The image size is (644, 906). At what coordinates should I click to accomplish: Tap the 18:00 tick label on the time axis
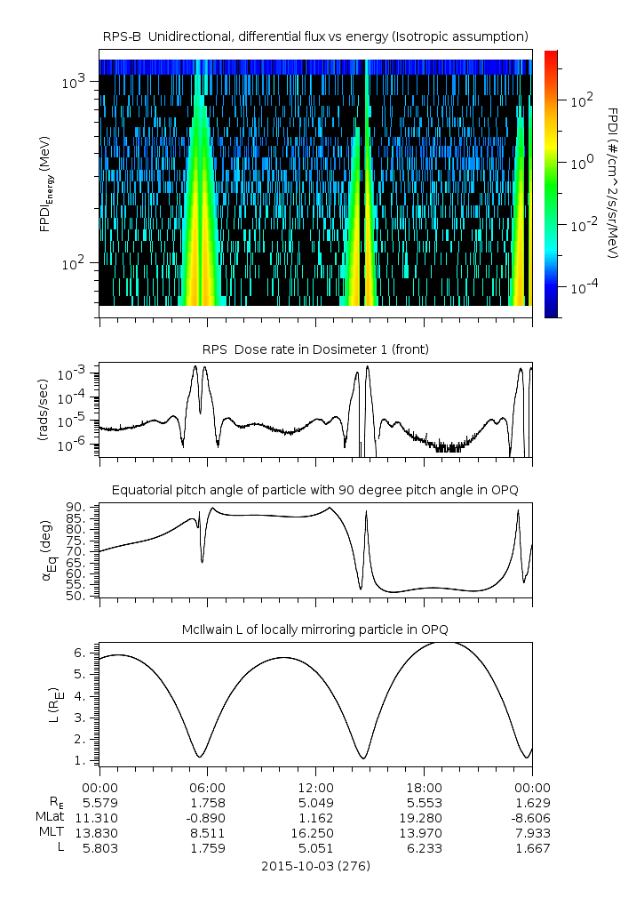click(x=424, y=787)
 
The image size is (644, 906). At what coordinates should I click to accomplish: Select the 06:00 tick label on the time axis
click(x=207, y=787)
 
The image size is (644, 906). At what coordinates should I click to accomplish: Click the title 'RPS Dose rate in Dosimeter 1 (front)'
click(x=315, y=349)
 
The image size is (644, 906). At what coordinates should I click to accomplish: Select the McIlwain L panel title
click(x=315, y=630)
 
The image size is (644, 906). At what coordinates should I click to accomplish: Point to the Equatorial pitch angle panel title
click(x=315, y=490)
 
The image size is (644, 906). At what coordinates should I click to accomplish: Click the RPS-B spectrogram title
click(x=315, y=36)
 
